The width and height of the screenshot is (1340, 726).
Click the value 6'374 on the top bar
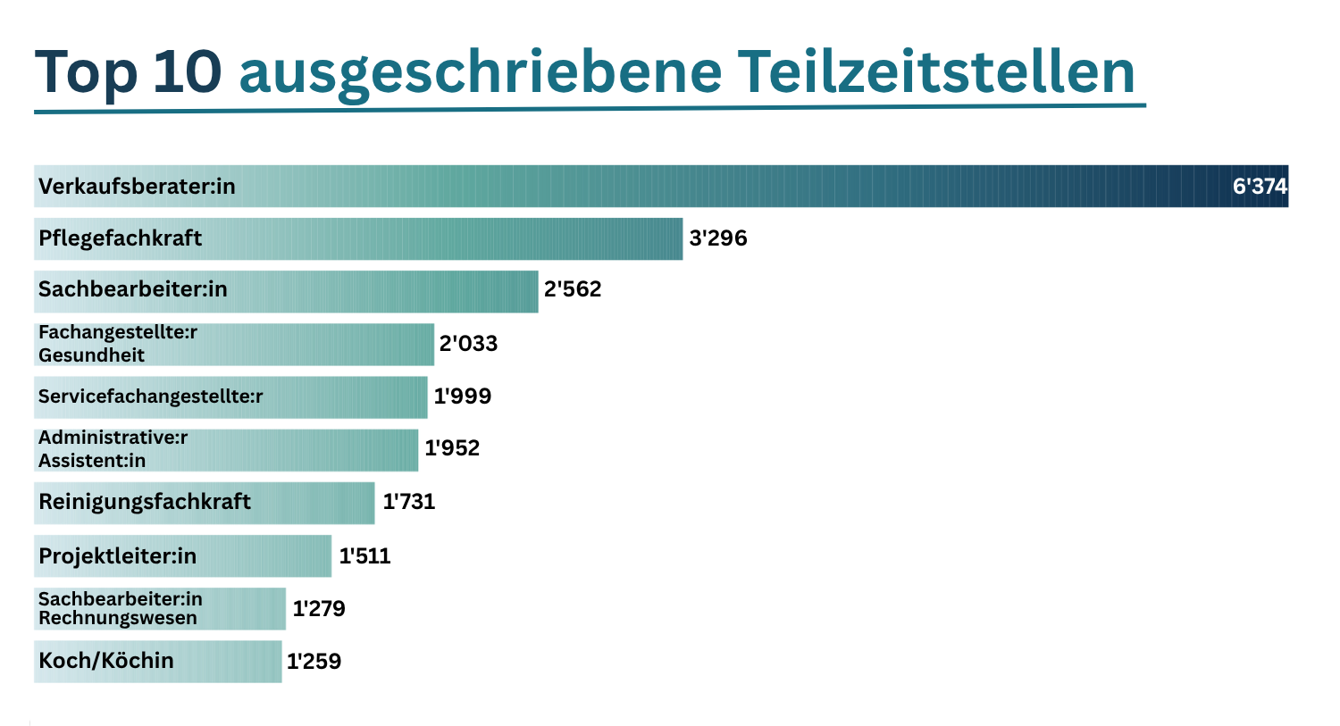(x=1260, y=186)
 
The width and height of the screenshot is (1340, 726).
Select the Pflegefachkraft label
(x=120, y=238)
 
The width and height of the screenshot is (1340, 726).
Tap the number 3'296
(x=717, y=238)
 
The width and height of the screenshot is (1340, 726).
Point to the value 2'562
(x=573, y=289)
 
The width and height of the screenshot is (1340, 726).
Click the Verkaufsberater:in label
(x=137, y=187)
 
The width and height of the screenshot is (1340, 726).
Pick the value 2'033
(x=468, y=344)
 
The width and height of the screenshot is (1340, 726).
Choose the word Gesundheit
(x=91, y=355)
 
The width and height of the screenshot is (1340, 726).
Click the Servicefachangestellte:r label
(x=150, y=396)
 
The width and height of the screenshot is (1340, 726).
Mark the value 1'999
(x=462, y=396)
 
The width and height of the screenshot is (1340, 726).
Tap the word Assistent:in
(x=91, y=461)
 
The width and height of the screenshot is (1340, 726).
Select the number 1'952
(x=452, y=448)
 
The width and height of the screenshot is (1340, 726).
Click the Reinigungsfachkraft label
(x=144, y=502)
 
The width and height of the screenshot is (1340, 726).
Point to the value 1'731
(x=409, y=502)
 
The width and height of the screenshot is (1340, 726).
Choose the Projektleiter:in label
(x=117, y=556)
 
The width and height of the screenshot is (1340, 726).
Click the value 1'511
(x=364, y=556)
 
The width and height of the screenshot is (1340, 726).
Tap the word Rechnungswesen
(x=117, y=618)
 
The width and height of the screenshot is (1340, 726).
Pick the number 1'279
(x=319, y=609)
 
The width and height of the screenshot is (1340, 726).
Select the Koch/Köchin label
(x=106, y=661)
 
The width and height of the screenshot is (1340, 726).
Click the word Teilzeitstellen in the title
(x=936, y=71)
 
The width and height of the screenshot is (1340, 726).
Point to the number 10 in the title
(x=187, y=71)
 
